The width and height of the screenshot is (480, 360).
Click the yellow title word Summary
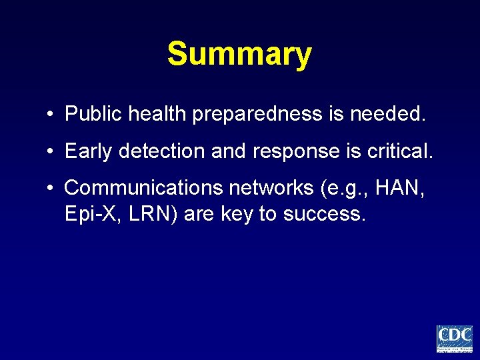[239, 54]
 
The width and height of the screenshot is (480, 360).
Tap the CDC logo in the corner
[454, 339]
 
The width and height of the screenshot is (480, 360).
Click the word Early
[89, 151]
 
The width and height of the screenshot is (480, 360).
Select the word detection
[162, 151]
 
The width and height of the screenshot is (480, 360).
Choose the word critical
[400, 151]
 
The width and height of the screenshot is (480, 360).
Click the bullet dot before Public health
[51, 115]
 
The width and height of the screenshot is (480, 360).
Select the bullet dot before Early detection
[51, 152]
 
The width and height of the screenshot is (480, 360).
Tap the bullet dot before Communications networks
[51, 189]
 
